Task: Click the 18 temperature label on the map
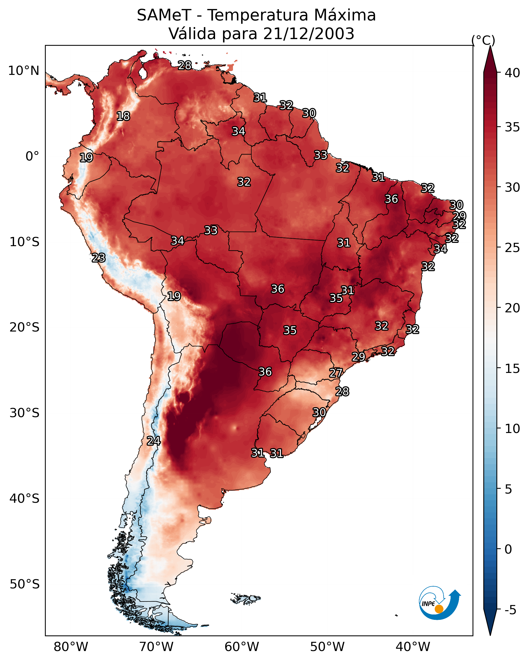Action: point(123,116)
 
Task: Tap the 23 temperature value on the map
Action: point(98,258)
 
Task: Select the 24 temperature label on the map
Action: point(154,441)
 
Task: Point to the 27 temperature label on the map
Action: point(336,373)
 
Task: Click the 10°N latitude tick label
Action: point(24,71)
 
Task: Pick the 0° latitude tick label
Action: point(32,156)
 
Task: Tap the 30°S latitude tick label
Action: point(24,413)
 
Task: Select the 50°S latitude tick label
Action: point(24,584)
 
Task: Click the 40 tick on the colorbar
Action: point(512,73)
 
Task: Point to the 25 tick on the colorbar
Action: point(512,247)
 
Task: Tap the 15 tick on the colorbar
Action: point(512,369)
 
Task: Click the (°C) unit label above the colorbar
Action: point(483,40)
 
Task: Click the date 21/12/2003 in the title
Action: point(309,34)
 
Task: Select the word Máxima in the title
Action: point(345,15)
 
